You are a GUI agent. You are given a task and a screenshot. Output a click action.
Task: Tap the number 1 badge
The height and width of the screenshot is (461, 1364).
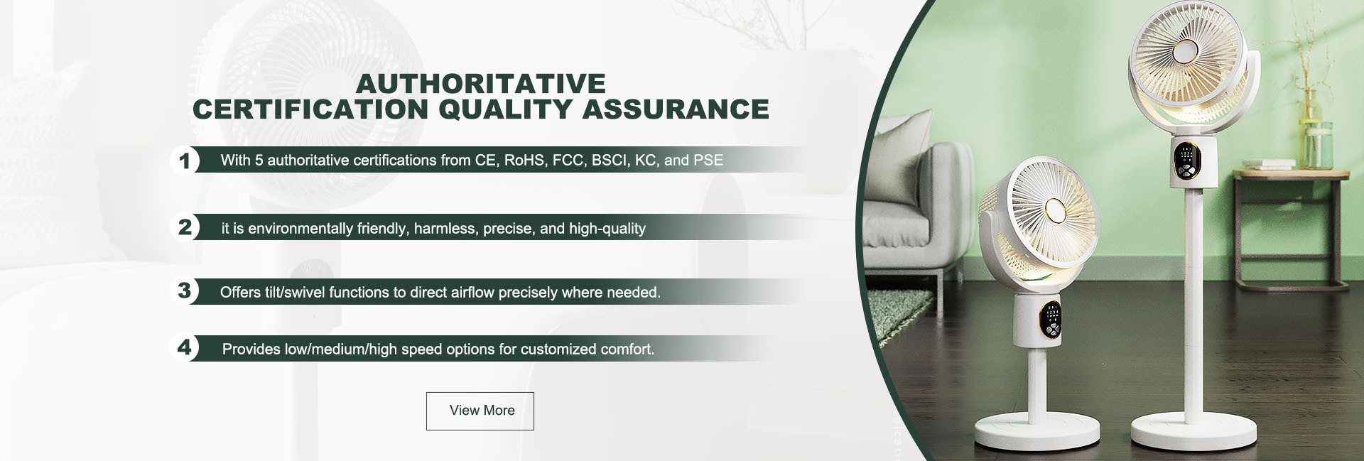[185, 161]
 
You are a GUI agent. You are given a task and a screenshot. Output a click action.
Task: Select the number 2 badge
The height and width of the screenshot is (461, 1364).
[185, 228]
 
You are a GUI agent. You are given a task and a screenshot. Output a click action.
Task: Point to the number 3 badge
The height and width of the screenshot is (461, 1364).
[185, 291]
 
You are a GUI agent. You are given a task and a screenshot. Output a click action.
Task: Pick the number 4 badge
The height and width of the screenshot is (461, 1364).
[185, 348]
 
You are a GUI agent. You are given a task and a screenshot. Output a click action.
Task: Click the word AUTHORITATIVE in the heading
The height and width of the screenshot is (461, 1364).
[481, 84]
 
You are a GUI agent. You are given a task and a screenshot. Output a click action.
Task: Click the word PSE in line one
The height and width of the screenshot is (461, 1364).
[708, 161]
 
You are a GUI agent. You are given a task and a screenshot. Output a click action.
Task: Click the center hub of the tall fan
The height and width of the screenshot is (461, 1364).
[1184, 72]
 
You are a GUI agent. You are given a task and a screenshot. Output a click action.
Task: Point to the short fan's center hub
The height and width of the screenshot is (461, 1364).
[1054, 212]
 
